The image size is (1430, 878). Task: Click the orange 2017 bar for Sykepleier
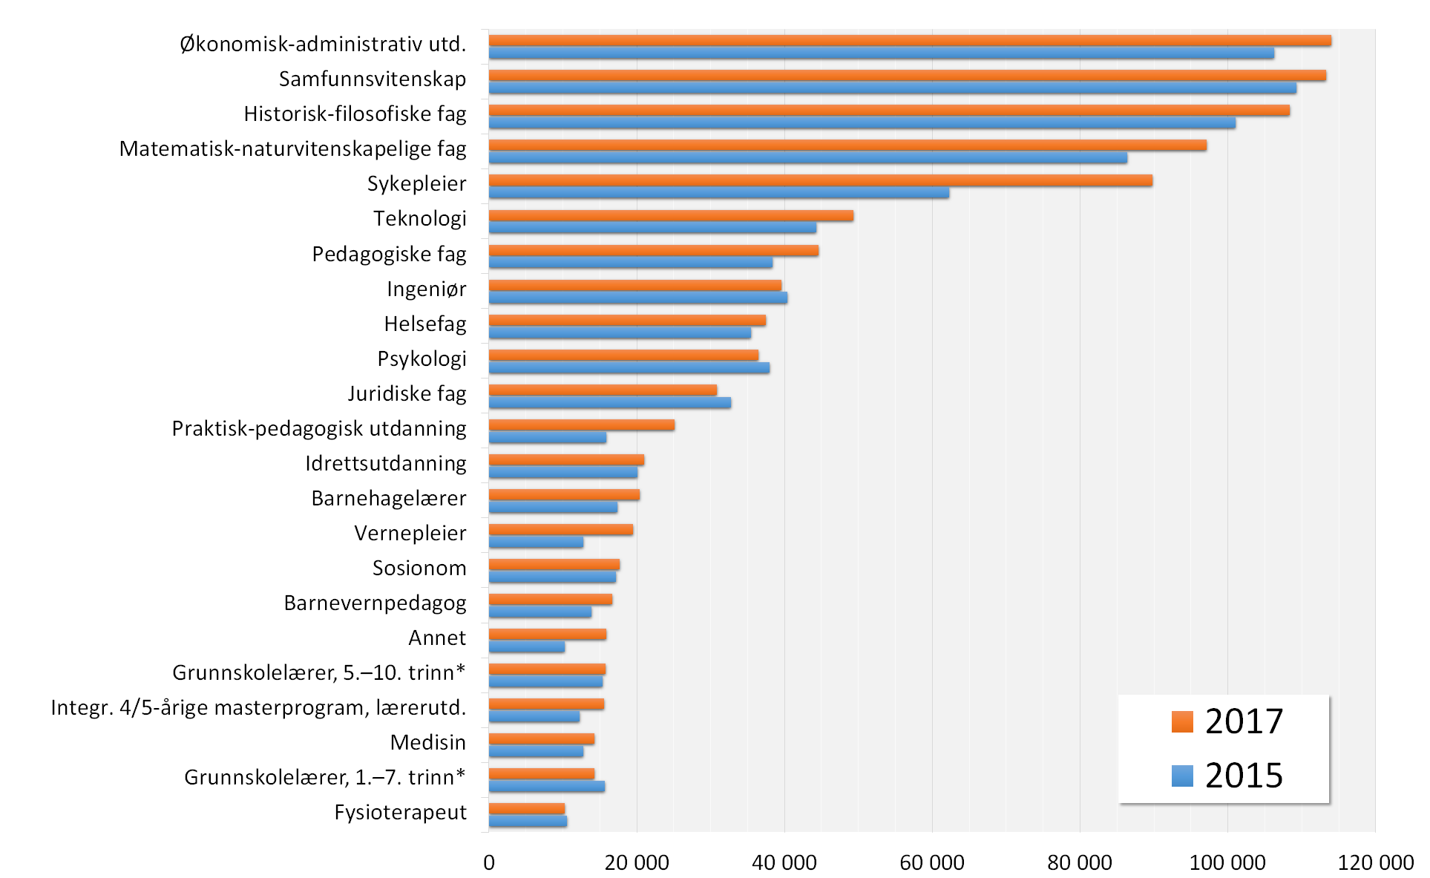click(820, 180)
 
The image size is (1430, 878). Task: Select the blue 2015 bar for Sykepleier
click(718, 193)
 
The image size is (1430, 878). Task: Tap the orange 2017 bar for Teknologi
click(671, 216)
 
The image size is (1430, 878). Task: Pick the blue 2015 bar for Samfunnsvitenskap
click(892, 88)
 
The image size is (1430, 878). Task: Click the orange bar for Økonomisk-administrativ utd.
click(909, 41)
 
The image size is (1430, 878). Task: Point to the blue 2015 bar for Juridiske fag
click(609, 403)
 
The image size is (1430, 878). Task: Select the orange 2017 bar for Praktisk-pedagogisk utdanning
click(581, 425)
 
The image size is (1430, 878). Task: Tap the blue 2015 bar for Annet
click(526, 647)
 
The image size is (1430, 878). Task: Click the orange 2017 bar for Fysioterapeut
click(526, 809)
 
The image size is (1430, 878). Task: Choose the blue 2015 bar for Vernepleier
click(536, 543)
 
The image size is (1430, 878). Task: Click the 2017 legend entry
click(1227, 721)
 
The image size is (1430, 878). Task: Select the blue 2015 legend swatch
click(1182, 776)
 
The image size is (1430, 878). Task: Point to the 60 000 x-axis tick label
click(931, 862)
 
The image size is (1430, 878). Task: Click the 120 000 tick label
click(1374, 862)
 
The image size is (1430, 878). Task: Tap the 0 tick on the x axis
click(488, 862)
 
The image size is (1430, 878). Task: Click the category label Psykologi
click(422, 359)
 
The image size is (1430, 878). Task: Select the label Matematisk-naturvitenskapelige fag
click(292, 149)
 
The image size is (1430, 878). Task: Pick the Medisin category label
click(427, 742)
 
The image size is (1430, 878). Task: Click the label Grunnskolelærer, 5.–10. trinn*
click(318, 672)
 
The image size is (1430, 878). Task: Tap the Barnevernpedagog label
click(375, 603)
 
